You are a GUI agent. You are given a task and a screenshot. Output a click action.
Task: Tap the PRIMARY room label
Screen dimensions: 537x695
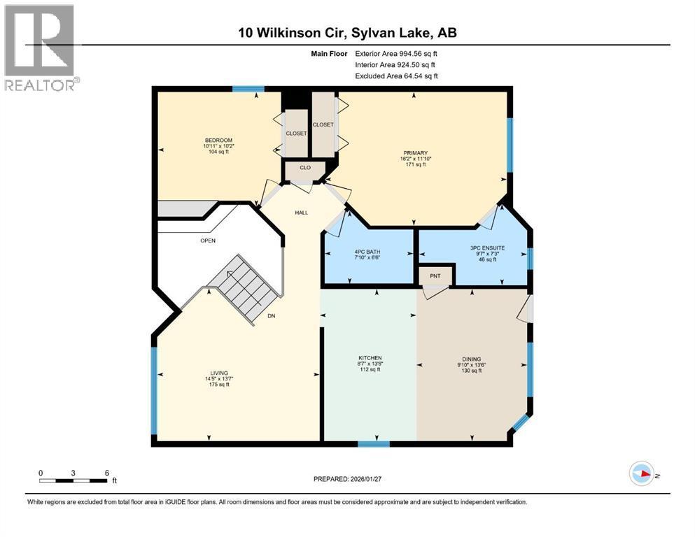[415, 153]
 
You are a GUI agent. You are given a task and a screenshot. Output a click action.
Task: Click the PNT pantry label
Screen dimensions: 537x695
[435, 276]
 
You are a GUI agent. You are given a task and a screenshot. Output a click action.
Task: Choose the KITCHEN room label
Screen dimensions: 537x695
[369, 359]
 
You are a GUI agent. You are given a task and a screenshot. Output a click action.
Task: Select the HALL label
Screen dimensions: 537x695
[302, 213]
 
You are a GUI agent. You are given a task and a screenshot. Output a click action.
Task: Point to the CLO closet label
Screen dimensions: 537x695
[305, 168]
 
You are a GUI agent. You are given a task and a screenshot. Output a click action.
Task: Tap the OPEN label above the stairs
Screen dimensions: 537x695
[208, 241]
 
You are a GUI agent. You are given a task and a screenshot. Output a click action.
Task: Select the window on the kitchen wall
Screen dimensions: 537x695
[373, 443]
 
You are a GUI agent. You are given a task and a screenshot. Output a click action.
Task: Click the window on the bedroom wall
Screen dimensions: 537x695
[248, 89]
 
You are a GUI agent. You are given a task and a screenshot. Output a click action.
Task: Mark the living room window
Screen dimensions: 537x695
[154, 390]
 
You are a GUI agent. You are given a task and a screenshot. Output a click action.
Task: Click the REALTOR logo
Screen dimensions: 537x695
[41, 48]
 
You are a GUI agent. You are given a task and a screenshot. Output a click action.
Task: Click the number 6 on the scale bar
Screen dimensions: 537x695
[106, 473]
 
